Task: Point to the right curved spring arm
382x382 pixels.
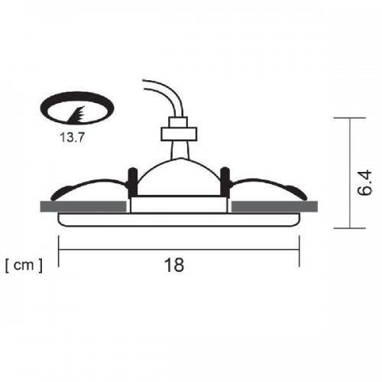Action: pos(267,186)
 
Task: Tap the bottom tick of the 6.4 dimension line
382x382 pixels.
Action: pos(348,228)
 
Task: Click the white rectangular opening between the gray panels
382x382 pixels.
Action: pos(180,205)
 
